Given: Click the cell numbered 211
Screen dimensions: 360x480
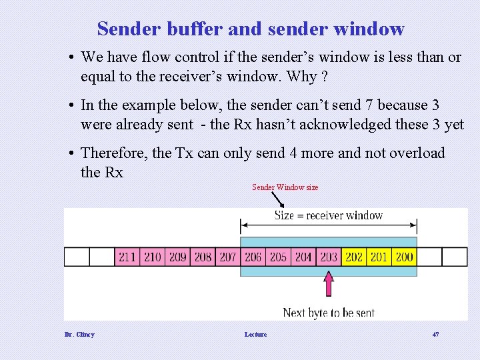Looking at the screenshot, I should click(x=127, y=257).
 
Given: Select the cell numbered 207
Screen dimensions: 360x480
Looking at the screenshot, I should click(x=228, y=257).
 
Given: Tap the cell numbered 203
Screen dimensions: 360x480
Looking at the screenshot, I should click(x=329, y=257).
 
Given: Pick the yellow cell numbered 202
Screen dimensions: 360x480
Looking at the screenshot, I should click(x=354, y=257).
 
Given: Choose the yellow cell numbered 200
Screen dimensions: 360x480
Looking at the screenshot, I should click(x=404, y=257).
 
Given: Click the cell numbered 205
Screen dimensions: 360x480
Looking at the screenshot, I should click(x=278, y=257).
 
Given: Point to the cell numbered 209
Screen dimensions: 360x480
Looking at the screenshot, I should click(x=177, y=257).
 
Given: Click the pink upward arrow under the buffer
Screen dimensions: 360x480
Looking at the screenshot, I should click(x=329, y=283).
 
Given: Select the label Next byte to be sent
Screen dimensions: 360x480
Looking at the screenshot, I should click(x=329, y=312).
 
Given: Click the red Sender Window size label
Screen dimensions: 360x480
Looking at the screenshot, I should click(x=285, y=187).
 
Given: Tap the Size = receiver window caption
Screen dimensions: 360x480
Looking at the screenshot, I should click(x=329, y=215).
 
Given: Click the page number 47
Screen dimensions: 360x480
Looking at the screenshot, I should click(x=435, y=334).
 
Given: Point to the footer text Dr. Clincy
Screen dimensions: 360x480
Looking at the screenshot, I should click(x=79, y=334).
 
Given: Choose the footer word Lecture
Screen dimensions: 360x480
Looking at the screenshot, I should click(x=255, y=334).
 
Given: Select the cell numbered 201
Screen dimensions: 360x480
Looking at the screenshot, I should click(x=379, y=257).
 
